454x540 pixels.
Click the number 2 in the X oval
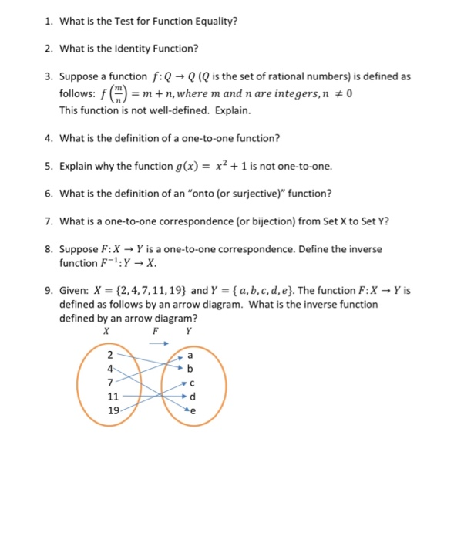pyautogui.click(x=110, y=355)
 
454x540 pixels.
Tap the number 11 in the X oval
pyautogui.click(x=113, y=397)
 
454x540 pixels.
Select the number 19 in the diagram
pyautogui.click(x=113, y=411)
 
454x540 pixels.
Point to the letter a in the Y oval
pyautogui.click(x=190, y=355)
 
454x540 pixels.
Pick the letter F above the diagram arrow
pyautogui.click(x=155, y=331)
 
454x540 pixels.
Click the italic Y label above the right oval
pyautogui.click(x=188, y=331)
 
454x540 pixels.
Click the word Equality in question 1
pyautogui.click(x=214, y=21)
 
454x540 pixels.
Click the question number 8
pyautogui.click(x=48, y=250)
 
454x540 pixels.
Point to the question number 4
pyautogui.click(x=48, y=139)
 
